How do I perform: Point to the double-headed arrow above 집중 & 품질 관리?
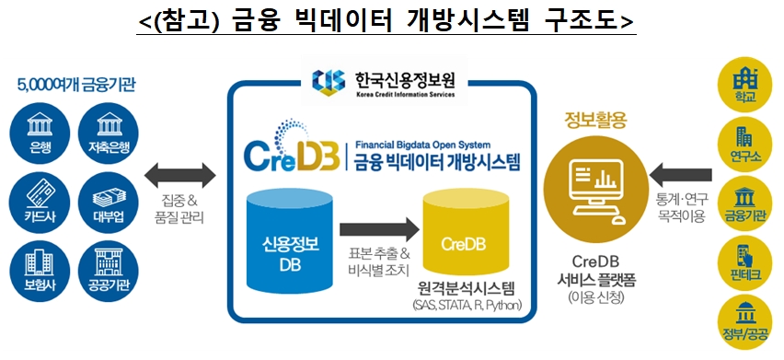tap(180, 172)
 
